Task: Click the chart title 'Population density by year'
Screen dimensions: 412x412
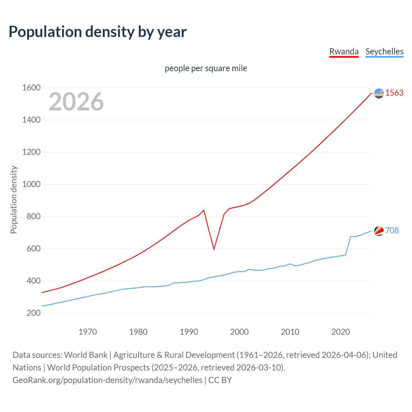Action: pos(98,32)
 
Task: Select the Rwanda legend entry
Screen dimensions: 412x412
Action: pos(344,52)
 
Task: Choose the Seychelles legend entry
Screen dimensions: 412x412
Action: pos(384,52)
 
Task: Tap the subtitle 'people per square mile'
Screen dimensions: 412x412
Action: pos(206,68)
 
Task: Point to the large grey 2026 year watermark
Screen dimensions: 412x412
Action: pos(76,102)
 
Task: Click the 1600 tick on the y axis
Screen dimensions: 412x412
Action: pos(31,88)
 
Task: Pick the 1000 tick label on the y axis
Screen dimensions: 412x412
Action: pos(31,184)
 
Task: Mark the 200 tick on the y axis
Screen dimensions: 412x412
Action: pos(33,313)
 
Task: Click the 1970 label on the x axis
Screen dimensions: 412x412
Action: pos(88,332)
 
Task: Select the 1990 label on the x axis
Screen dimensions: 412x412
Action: pos(189,332)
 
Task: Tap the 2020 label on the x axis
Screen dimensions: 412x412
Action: pos(341,332)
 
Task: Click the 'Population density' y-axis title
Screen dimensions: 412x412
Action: pos(14,200)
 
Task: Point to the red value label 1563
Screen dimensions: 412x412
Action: pos(394,93)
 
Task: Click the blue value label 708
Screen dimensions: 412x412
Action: pos(392,230)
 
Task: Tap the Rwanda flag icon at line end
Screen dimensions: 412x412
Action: pos(379,93)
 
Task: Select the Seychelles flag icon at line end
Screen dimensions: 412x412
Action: pos(379,231)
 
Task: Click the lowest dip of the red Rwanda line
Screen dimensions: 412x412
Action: pos(214,249)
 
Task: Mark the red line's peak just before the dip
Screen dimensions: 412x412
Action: pos(204,210)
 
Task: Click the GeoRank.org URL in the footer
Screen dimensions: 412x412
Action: pos(108,380)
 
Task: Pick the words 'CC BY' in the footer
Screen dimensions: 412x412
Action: pos(220,380)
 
